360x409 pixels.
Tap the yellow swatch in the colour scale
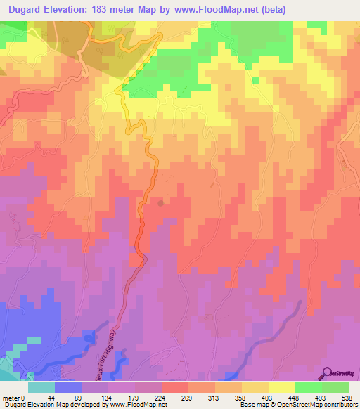(x=281, y=387)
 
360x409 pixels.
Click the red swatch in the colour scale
(x=174, y=387)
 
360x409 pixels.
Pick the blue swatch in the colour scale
(x=68, y=387)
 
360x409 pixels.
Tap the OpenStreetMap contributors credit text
(x=320, y=405)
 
